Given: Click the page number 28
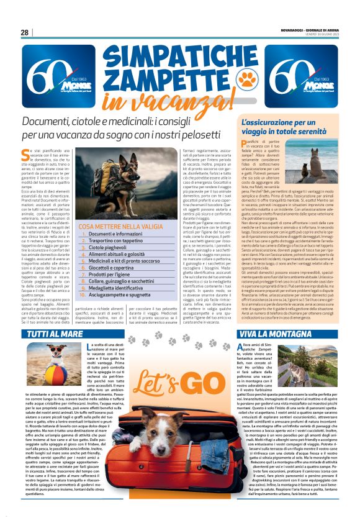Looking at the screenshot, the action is [25, 32].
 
